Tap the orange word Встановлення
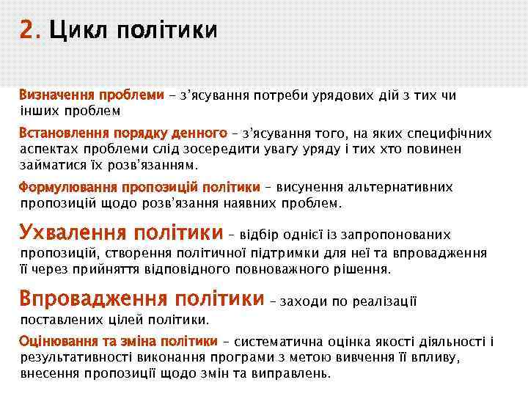click(x=65, y=133)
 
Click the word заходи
click(x=299, y=301)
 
